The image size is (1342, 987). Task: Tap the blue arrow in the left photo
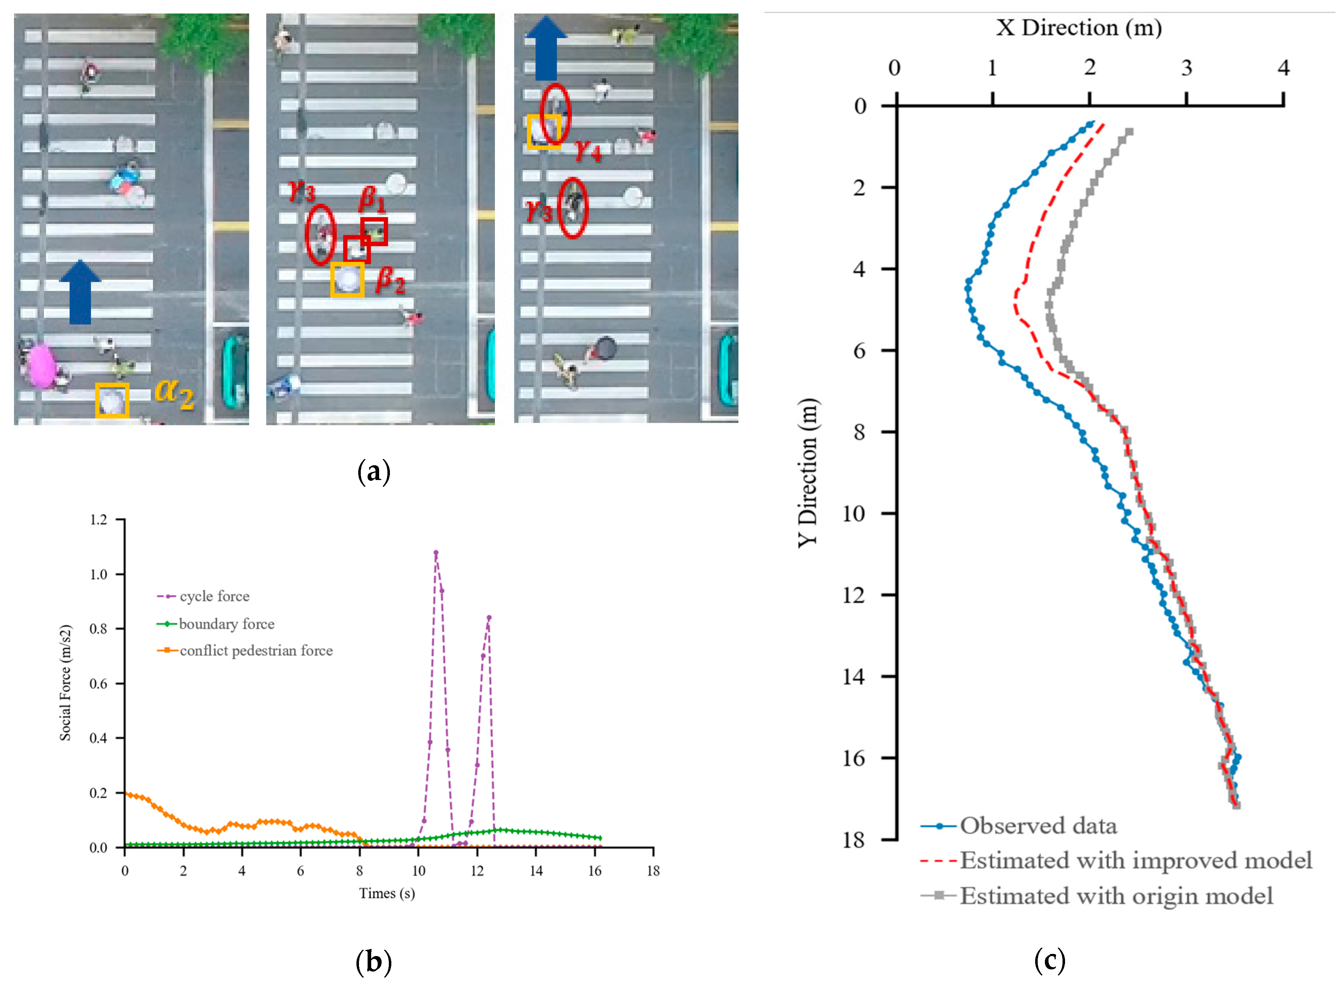[80, 293]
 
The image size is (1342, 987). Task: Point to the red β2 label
[390, 280]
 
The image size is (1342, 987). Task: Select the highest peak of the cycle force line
[436, 553]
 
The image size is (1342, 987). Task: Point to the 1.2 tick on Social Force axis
[99, 520]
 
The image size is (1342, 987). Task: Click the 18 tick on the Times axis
[653, 871]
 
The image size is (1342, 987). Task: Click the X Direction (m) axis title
[1078, 27]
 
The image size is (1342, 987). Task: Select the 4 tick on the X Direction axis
[1283, 68]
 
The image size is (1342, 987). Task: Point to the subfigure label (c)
[1049, 961]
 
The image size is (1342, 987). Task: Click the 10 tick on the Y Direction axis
[853, 513]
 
